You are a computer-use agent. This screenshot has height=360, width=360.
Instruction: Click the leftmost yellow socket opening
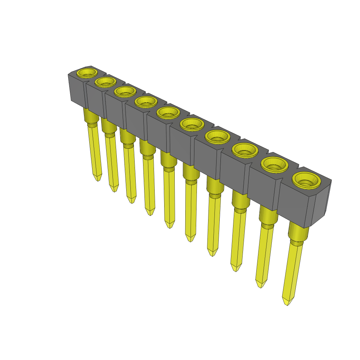click(x=87, y=73)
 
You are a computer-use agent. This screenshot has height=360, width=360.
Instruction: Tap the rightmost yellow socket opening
click(x=307, y=180)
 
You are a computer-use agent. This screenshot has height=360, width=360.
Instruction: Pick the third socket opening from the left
click(x=125, y=92)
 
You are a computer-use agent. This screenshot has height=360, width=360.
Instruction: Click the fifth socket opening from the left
click(x=168, y=113)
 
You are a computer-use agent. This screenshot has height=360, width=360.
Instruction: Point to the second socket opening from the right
click(x=275, y=165)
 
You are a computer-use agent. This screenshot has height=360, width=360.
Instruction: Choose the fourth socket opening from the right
click(x=217, y=137)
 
